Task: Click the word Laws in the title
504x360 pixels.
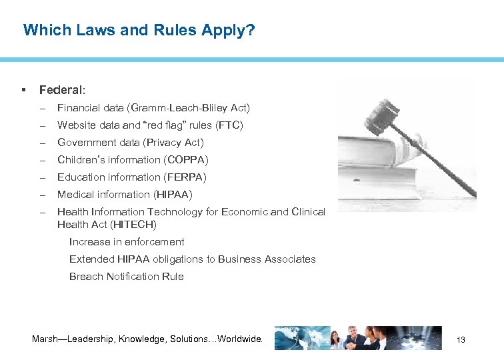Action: click(x=83, y=30)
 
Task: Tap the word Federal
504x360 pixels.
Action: click(x=61, y=89)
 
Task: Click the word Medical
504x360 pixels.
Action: click(x=75, y=194)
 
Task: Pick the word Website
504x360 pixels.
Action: click(x=77, y=125)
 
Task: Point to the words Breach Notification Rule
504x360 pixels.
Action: click(x=127, y=276)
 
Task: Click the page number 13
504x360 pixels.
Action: click(x=461, y=340)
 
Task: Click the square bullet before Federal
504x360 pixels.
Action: click(x=24, y=89)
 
